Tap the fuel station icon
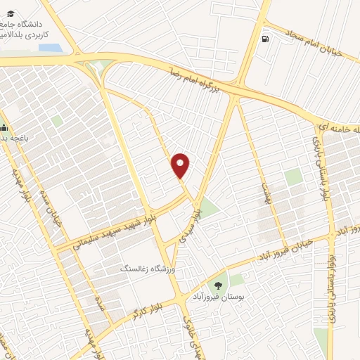pyautogui.click(x=264, y=39)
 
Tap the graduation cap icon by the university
pyautogui.click(x=3, y=20)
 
